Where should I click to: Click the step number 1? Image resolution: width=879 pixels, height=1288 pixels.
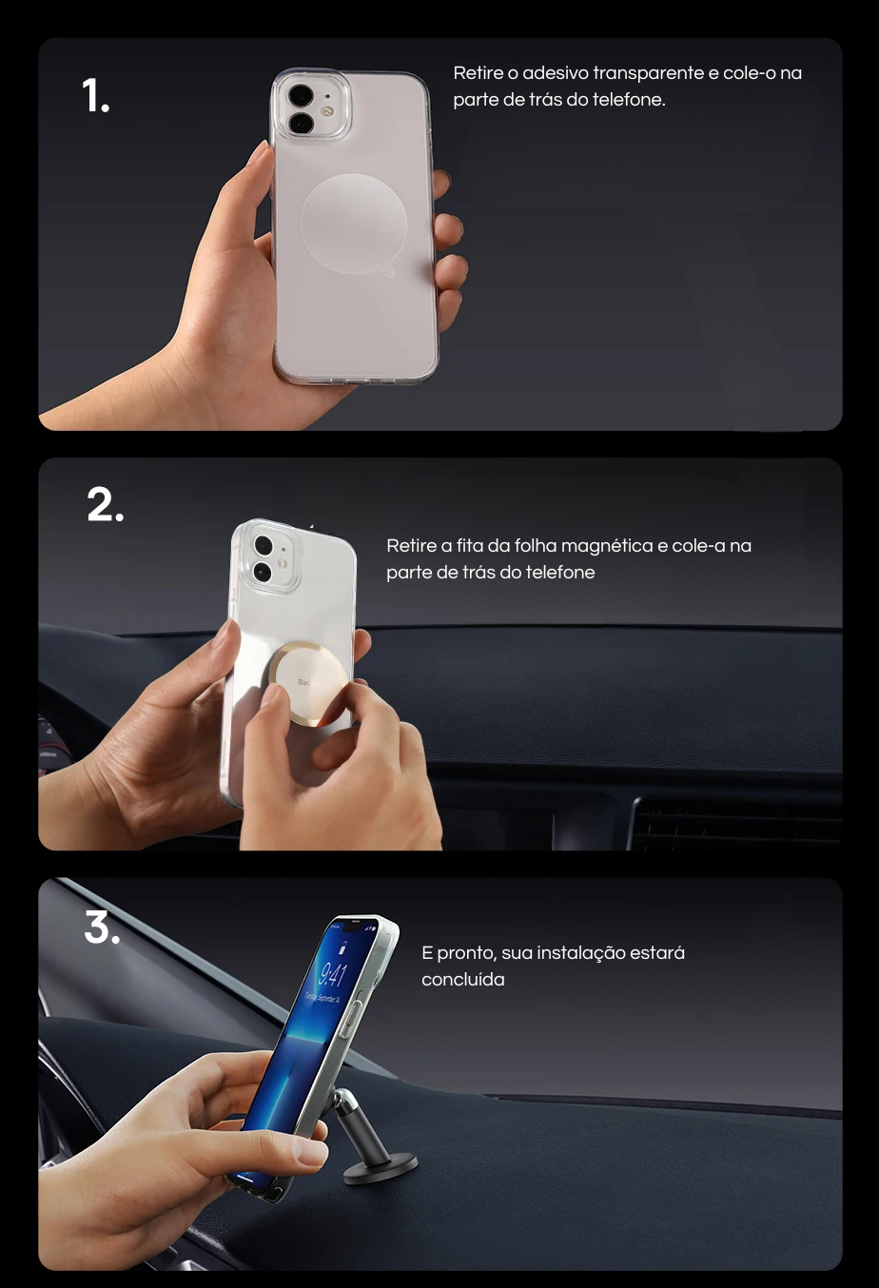95,95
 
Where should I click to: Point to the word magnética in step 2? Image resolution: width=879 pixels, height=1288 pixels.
608,546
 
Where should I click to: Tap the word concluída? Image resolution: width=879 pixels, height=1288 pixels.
462,980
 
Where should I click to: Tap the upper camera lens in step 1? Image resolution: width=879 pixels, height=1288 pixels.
301,96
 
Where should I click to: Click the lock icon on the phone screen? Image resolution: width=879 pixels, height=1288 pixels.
342,947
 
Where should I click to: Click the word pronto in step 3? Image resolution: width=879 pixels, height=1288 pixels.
466,954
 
